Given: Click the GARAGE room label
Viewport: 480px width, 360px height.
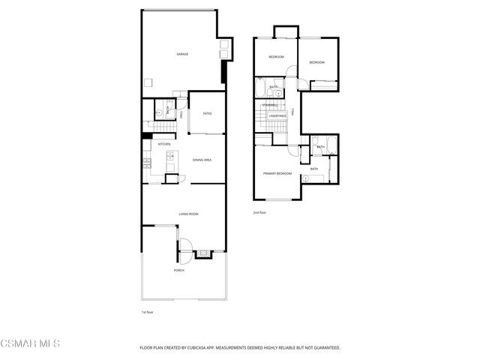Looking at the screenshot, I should click(181, 54).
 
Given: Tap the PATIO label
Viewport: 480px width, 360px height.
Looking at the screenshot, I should click(207, 113).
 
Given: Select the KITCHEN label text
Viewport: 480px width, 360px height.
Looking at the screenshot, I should click(163, 144).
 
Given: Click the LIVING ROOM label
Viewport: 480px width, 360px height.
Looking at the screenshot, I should click(188, 214).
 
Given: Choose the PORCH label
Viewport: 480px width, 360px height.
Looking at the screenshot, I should click(179, 269).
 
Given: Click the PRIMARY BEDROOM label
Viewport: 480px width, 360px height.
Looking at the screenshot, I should click(277, 173).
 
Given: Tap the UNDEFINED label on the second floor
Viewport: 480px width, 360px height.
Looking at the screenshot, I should click(277, 116).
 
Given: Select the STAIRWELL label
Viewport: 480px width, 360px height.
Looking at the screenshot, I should click(270, 104).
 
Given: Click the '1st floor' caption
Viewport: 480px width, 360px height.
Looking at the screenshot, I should click(147, 311).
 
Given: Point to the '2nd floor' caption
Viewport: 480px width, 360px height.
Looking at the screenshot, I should click(259, 213).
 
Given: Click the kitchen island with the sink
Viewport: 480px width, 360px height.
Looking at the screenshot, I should click(169, 157).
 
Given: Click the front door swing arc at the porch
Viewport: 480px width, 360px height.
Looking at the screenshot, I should click(184, 247).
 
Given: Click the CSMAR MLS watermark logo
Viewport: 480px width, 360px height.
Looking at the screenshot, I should click(30, 343).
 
